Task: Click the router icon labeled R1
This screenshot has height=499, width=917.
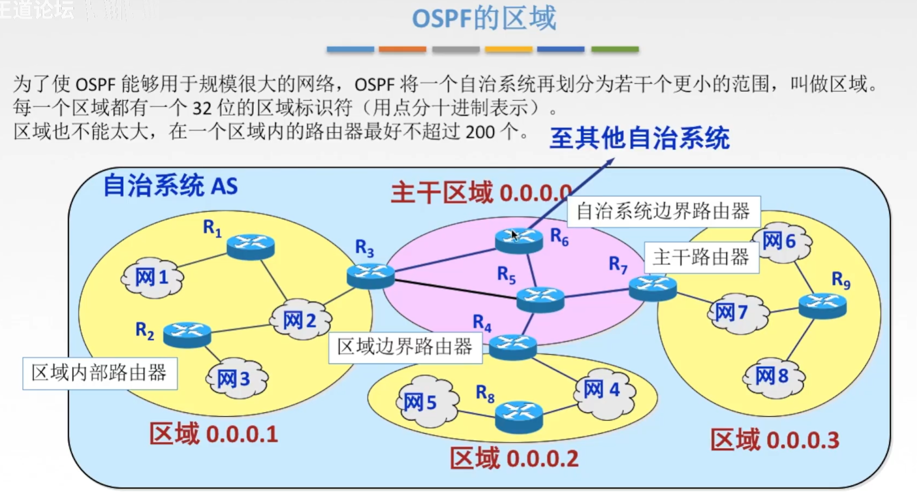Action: click(x=250, y=246)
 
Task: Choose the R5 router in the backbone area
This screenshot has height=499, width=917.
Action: click(x=540, y=299)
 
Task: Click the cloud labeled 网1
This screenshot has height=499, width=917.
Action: click(x=152, y=278)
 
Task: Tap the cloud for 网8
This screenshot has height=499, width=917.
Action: click(x=772, y=376)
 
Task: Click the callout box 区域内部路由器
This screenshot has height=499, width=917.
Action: click(x=100, y=373)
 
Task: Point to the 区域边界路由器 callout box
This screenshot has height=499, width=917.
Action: click(x=405, y=347)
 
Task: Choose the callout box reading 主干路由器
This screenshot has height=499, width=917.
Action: click(x=701, y=257)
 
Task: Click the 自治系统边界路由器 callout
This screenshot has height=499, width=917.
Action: click(x=663, y=211)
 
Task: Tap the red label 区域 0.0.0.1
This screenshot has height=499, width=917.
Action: click(x=214, y=434)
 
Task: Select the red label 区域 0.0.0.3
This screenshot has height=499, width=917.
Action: click(x=775, y=440)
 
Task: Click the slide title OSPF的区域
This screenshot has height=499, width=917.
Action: click(x=484, y=18)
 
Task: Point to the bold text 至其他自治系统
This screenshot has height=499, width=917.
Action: click(x=639, y=138)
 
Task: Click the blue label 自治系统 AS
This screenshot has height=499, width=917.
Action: click(x=171, y=186)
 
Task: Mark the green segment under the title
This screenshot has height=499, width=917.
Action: click(x=614, y=49)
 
